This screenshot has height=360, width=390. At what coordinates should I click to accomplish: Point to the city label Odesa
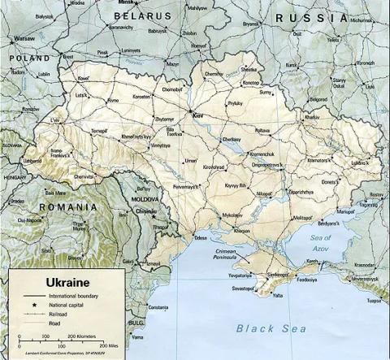pyautogui.click(x=200, y=238)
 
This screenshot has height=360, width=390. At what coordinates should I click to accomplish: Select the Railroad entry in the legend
pyautogui.click(x=58, y=313)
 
